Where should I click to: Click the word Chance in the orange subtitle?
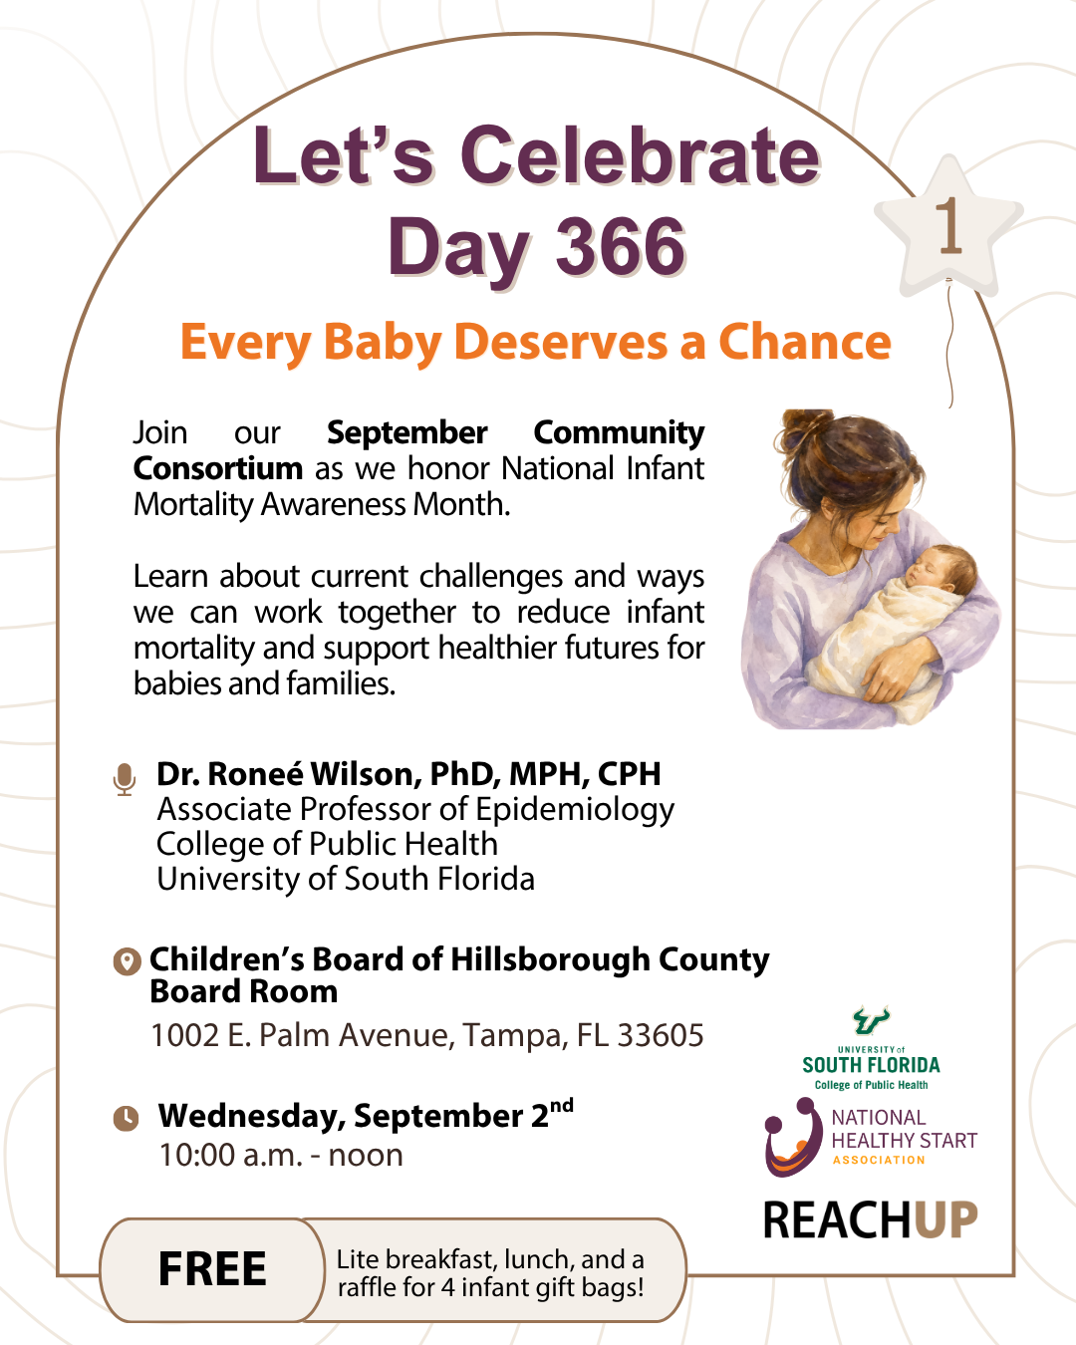coord(805,342)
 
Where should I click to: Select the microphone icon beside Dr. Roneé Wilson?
coord(125,779)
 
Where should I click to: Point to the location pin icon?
coord(127,961)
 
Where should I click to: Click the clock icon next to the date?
coord(126,1118)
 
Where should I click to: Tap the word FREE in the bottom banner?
coord(212,1268)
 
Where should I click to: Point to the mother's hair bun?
coord(807,430)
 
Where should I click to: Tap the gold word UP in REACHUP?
coord(945,1220)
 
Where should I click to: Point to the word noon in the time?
coord(366,1155)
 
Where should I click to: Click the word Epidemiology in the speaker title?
coord(575,811)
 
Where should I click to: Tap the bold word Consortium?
coord(218,468)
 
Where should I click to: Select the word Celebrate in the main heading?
coord(640,155)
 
